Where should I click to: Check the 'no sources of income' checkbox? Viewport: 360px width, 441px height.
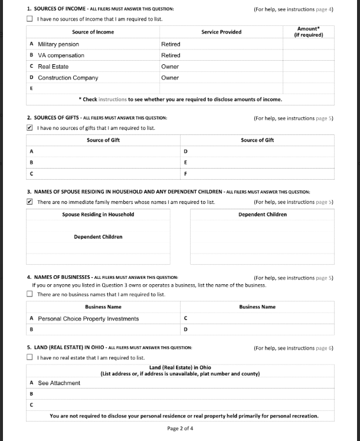click(x=30, y=19)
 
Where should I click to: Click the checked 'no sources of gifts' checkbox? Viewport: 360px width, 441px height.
click(x=30, y=127)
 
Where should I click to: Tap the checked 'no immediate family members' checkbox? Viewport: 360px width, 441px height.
click(x=30, y=202)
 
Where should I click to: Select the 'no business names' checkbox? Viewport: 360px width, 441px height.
click(x=30, y=294)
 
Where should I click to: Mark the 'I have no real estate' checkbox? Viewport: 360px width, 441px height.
click(x=30, y=357)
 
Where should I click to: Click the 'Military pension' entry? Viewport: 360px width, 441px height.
click(x=58, y=44)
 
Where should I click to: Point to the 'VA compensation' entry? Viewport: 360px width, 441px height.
click(x=61, y=55)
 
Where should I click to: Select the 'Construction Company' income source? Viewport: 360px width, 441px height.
click(x=68, y=78)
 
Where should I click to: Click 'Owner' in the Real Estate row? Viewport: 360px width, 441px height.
click(x=170, y=67)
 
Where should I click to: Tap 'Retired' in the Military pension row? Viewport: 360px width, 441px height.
click(x=171, y=44)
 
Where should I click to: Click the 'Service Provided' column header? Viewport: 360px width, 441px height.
click(x=221, y=32)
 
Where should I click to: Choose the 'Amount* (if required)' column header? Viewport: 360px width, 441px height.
click(x=308, y=32)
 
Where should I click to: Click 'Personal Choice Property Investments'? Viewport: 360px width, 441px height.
click(x=89, y=318)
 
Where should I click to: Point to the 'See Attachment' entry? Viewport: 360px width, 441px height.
click(x=59, y=383)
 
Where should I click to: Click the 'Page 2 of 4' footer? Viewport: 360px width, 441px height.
click(x=180, y=428)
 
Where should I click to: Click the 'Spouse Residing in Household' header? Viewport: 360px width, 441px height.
click(x=98, y=215)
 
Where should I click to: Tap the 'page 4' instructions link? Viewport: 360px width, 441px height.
click(x=325, y=9)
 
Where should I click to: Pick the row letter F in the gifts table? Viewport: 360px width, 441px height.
click(x=186, y=173)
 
